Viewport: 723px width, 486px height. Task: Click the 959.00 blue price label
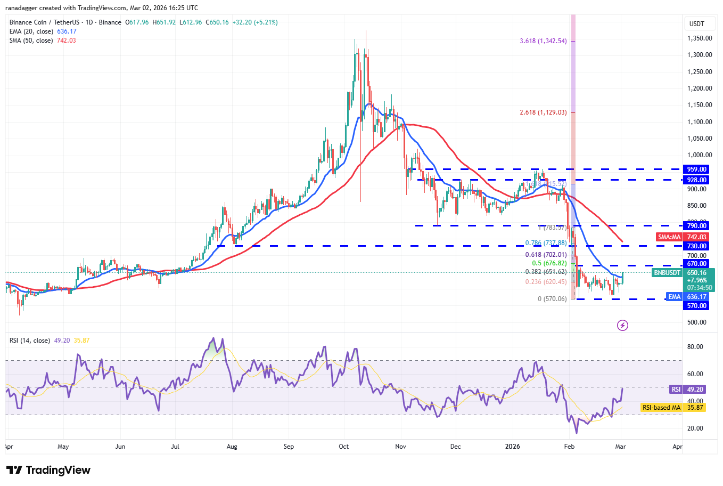[x=696, y=169]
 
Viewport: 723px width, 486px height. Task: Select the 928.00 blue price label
[x=696, y=180]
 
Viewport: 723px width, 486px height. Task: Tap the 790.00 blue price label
[x=696, y=226]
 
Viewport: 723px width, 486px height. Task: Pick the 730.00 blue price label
[x=696, y=246]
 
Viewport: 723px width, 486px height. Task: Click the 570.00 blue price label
[x=696, y=306]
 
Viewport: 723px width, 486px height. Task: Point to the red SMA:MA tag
[x=669, y=237]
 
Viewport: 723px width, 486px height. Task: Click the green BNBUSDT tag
[x=667, y=273]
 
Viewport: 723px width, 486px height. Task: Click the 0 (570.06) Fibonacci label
[x=552, y=299]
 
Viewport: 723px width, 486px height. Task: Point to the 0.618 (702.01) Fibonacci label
[x=546, y=255]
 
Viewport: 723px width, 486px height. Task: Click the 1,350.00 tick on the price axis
[x=699, y=38]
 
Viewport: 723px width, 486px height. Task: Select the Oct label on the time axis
[x=344, y=447]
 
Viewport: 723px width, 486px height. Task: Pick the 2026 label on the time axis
[x=512, y=447]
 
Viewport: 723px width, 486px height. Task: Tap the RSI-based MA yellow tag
[x=661, y=408]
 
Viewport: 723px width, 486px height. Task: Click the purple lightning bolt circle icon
[x=622, y=325]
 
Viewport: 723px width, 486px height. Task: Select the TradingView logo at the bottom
[x=49, y=470]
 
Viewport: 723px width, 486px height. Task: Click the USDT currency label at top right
[x=696, y=24]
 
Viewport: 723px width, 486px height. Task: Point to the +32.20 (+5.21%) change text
[x=255, y=22]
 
